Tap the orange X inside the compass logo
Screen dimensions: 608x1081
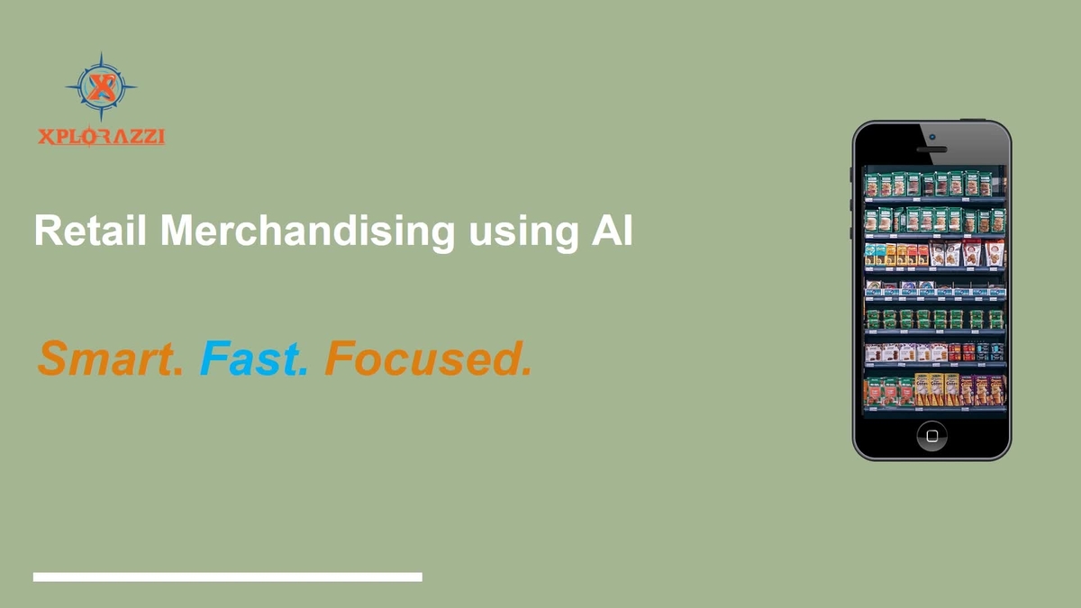click(x=102, y=87)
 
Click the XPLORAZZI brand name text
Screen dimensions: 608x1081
click(x=102, y=137)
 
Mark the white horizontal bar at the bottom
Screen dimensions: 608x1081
click(x=228, y=576)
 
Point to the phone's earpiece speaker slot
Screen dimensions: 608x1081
click(x=931, y=149)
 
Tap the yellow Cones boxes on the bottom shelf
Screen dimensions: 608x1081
click(x=937, y=388)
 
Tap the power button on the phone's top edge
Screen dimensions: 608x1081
click(x=986, y=121)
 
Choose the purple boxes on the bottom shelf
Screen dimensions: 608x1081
click(x=980, y=389)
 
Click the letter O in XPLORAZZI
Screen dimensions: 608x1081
click(x=90, y=138)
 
